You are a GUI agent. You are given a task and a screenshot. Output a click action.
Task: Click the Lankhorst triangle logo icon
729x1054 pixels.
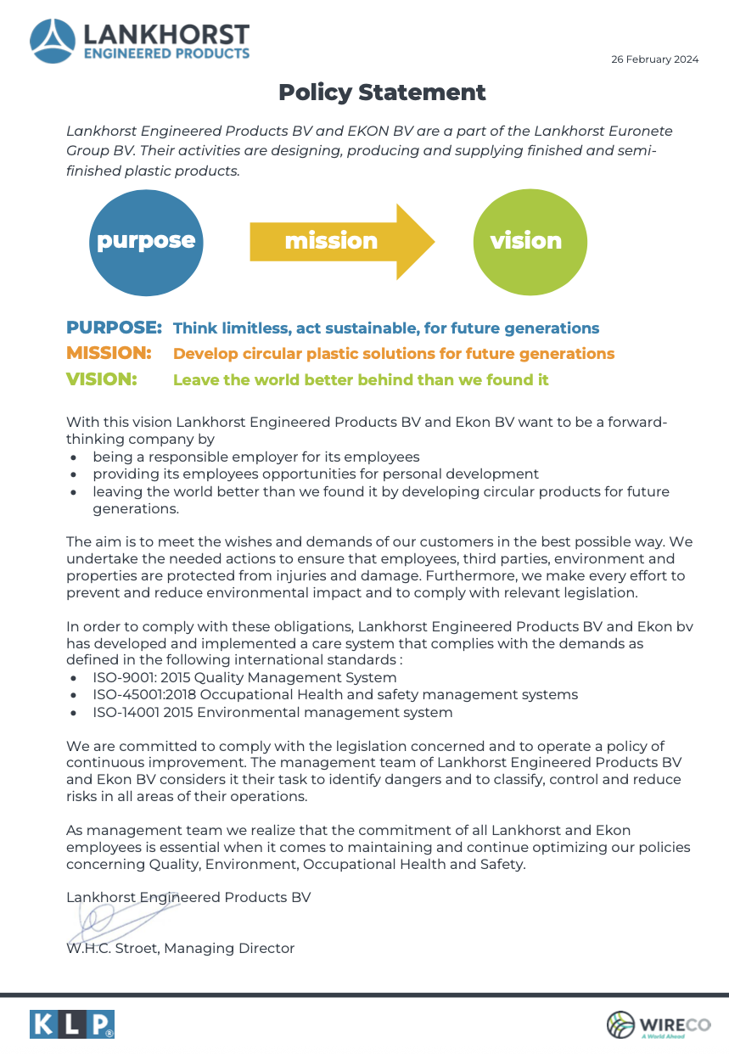(x=53, y=42)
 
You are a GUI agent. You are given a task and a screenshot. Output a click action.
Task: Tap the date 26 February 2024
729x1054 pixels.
(x=654, y=59)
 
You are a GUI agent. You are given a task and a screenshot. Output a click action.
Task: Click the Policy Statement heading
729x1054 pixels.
(x=382, y=93)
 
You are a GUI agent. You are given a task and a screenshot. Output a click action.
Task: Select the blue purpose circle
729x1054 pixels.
(x=146, y=240)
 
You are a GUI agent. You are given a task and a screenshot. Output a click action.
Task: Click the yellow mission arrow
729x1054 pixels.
(x=339, y=240)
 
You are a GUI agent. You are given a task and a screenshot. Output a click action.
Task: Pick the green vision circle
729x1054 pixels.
(x=526, y=240)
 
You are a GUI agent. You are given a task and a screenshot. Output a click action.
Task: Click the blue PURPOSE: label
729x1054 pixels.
(x=114, y=328)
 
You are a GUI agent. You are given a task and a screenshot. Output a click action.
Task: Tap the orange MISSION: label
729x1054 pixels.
(x=109, y=353)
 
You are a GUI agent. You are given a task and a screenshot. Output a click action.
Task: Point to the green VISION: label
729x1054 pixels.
(x=101, y=379)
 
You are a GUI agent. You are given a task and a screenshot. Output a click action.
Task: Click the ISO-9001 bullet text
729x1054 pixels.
(x=244, y=677)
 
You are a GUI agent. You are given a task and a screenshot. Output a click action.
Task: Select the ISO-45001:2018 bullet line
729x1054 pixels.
(x=335, y=694)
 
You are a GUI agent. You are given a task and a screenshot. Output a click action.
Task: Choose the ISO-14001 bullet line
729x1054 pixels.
(x=272, y=712)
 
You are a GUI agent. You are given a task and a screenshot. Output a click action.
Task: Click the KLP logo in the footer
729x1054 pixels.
(x=72, y=1024)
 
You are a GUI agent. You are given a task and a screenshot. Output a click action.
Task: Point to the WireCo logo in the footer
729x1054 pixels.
(x=658, y=1024)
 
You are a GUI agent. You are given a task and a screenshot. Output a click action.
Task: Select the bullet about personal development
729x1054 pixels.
(x=316, y=474)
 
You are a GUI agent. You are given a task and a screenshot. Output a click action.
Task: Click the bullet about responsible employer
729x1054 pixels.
(x=256, y=457)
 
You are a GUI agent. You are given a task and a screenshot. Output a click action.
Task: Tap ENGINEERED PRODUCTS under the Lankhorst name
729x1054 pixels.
(x=165, y=53)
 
